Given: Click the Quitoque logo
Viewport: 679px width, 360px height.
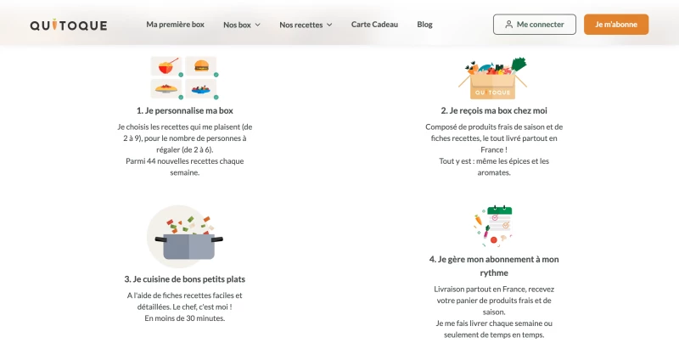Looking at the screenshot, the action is (x=69, y=25).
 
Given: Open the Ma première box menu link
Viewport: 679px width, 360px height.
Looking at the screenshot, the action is (x=176, y=25).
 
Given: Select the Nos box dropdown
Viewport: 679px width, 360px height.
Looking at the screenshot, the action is (x=242, y=25).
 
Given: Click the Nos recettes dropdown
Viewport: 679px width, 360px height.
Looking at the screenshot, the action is (x=306, y=25).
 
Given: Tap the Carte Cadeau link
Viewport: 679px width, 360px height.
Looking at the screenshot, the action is (x=374, y=25).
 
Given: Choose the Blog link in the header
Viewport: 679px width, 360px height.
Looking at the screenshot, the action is (x=425, y=25).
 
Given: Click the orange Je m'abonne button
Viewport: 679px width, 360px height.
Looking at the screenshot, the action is (x=616, y=25).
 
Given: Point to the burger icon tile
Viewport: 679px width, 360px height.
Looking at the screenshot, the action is (x=201, y=66).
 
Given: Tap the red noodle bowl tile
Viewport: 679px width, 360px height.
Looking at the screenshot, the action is (x=166, y=66).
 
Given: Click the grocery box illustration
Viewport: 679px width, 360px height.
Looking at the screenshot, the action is (x=493, y=78).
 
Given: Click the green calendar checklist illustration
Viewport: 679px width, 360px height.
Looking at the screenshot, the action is (x=494, y=226).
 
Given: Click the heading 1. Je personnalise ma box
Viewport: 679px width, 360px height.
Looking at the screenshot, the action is (x=185, y=110).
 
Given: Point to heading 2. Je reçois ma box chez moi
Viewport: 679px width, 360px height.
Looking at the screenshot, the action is (x=494, y=110).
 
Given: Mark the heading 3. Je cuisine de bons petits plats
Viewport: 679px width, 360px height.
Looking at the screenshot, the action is (x=185, y=279).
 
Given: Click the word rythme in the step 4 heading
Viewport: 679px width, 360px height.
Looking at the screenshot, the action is (x=494, y=273).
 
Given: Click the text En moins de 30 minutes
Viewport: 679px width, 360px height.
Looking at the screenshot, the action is (x=185, y=318).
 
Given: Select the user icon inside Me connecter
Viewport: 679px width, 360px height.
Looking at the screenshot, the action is (x=508, y=25).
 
